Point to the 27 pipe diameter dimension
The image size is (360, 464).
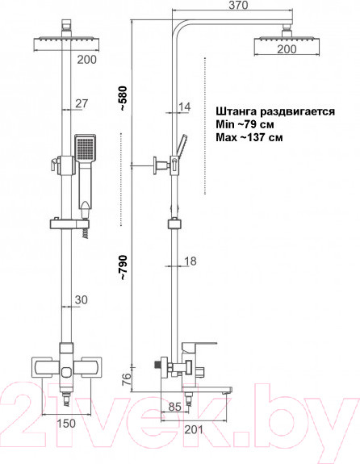[x=81, y=102]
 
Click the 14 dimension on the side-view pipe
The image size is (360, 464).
[x=185, y=107]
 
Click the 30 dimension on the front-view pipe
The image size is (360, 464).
[x=82, y=300]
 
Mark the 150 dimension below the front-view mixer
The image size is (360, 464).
[x=66, y=423]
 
